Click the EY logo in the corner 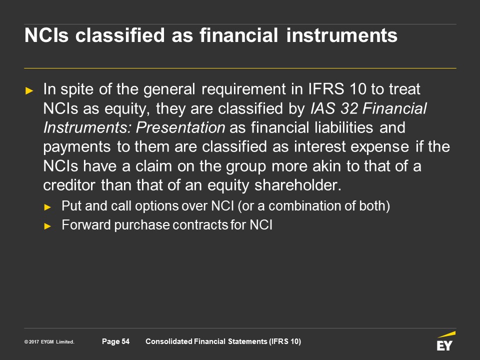(x=445, y=341)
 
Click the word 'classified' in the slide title (x=120, y=35)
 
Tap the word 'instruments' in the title (x=342, y=35)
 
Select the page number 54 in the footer (x=125, y=341)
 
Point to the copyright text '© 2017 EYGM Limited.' (x=49, y=341)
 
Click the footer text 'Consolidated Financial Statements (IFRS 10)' (x=223, y=341)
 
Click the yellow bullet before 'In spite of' (x=29, y=90)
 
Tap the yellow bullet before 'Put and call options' (x=47, y=207)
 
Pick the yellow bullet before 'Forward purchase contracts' (x=47, y=226)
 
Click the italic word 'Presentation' (x=180, y=127)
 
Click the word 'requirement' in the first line (x=243, y=89)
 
